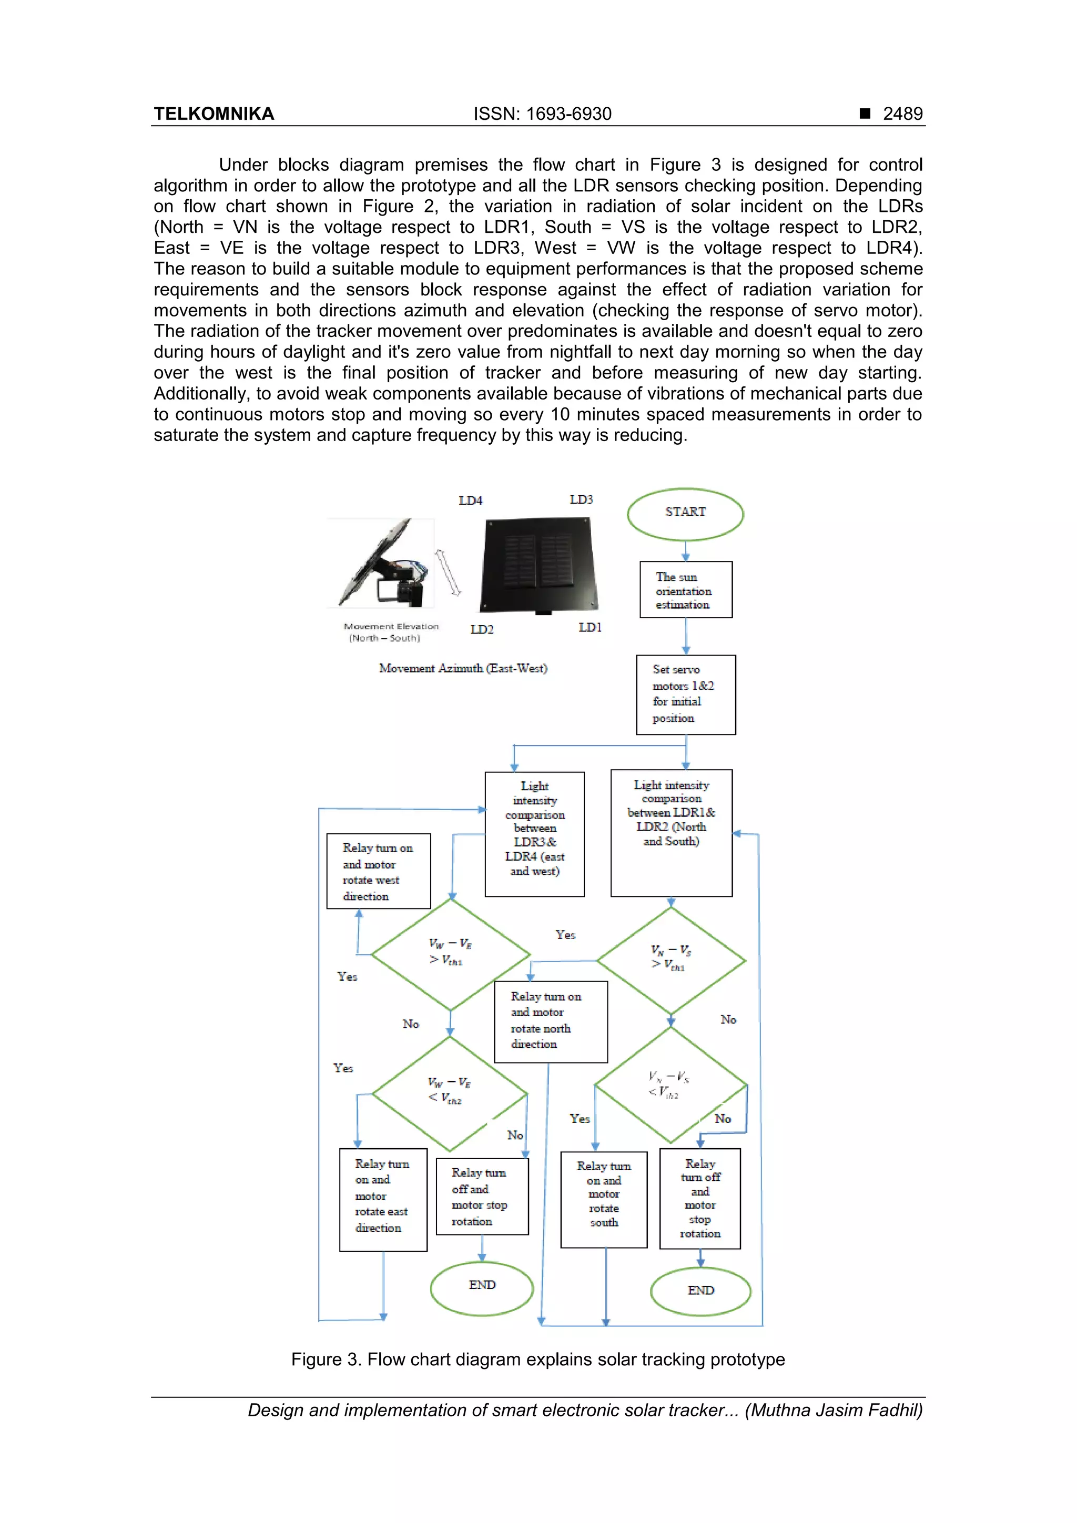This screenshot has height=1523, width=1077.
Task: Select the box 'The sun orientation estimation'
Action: [x=686, y=590]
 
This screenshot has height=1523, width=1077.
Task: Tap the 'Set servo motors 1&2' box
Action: [x=686, y=694]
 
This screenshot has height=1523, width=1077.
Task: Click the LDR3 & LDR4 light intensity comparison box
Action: [x=534, y=833]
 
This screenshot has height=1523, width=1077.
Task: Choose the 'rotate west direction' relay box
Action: [x=378, y=871]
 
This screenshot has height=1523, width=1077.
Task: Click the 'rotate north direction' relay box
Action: [x=550, y=1021]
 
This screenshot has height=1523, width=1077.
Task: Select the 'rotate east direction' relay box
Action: [x=383, y=1199]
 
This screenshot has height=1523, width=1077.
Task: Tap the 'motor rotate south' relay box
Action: [x=603, y=1199]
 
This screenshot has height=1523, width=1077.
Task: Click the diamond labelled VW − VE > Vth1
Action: [x=451, y=954]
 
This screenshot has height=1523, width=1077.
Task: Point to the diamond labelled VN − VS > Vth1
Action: [x=671, y=959]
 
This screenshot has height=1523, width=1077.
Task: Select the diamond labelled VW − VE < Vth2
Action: [x=450, y=1093]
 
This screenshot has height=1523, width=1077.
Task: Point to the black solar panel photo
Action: [x=539, y=565]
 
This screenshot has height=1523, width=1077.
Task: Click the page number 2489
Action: [x=902, y=114]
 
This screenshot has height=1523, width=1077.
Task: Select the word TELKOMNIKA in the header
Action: [x=214, y=114]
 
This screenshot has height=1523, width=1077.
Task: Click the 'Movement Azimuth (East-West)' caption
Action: [x=463, y=669]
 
